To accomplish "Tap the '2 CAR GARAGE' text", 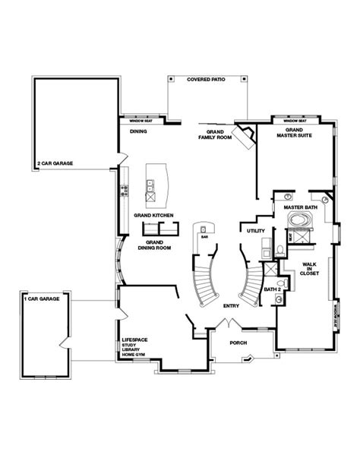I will pyautogui.click(x=55, y=163).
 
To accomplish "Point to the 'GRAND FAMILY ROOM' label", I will pyautogui.click(x=210, y=134).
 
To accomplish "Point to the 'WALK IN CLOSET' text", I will pyautogui.click(x=308, y=270).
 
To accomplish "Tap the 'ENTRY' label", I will pyautogui.click(x=232, y=305).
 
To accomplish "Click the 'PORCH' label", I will pyautogui.click(x=238, y=343).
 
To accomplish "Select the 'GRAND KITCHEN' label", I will pyautogui.click(x=154, y=216).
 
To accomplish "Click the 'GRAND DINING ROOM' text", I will pyautogui.click(x=154, y=245).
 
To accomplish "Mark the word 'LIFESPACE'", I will pyautogui.click(x=134, y=340).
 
